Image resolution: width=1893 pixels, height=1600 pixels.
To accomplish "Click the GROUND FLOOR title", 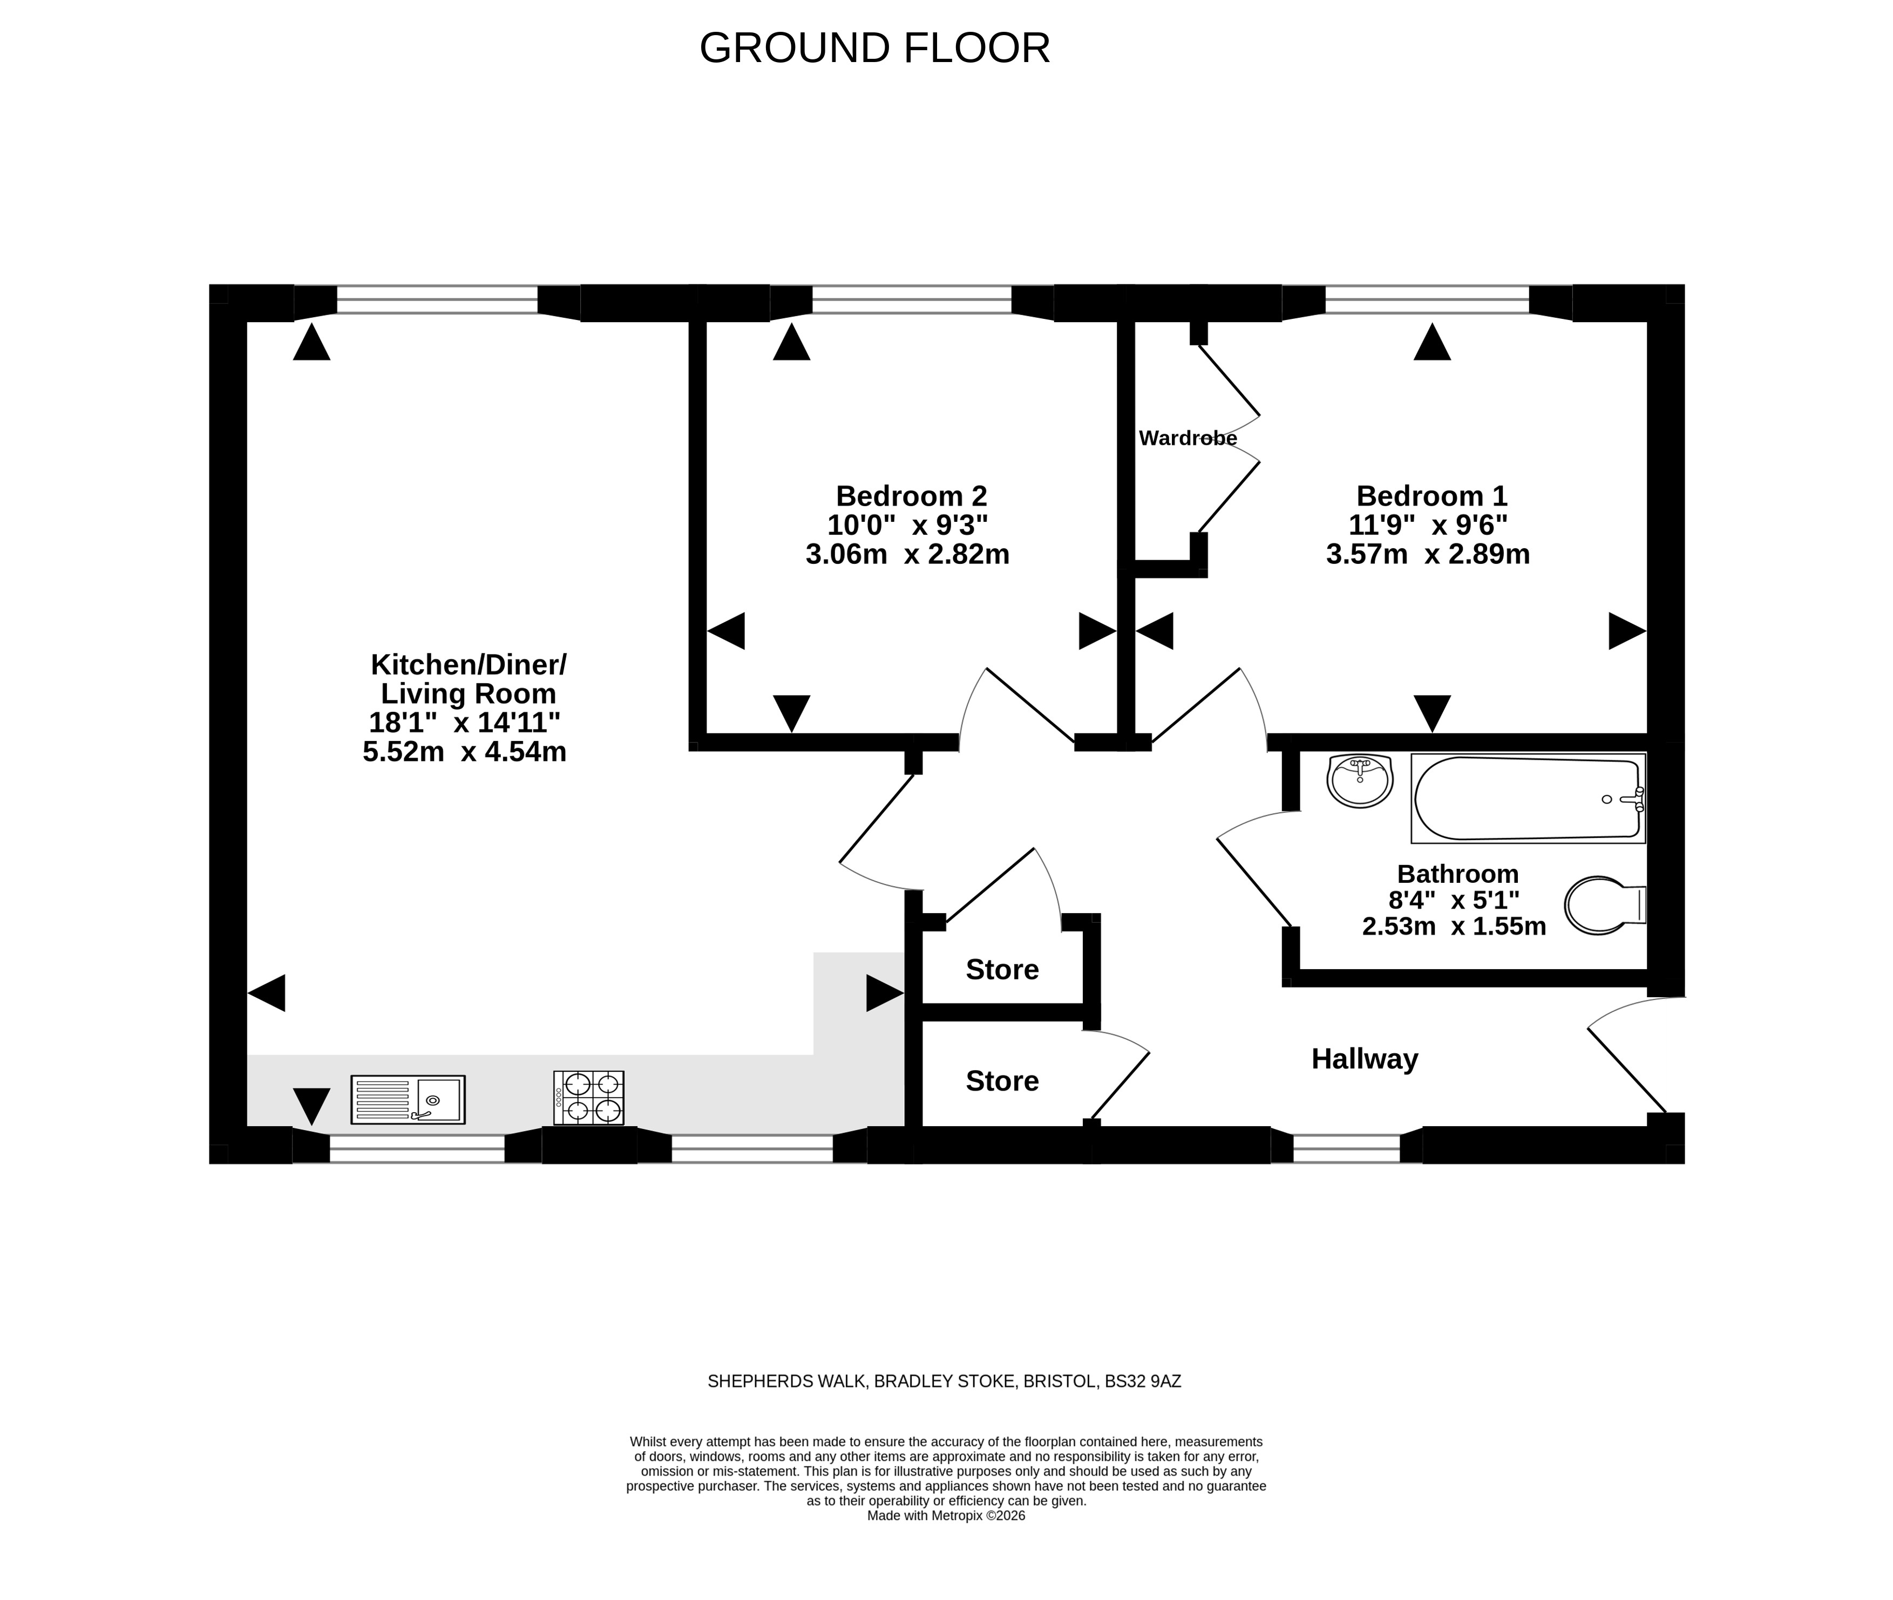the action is pos(874,48).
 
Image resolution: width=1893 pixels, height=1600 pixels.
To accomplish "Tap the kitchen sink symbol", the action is pos(408,1099).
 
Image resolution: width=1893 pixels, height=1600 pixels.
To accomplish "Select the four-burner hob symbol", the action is pos(589,1098).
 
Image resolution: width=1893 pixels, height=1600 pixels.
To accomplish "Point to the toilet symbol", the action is pos(1605,904).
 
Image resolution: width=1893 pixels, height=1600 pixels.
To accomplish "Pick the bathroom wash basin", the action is pos(1360,780).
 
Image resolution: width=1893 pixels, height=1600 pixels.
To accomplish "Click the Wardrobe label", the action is pos(1188,438).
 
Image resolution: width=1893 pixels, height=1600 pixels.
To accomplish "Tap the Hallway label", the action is pos(1364,1059).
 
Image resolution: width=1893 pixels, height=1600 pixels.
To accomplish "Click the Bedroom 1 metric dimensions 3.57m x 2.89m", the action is pos(1428,553).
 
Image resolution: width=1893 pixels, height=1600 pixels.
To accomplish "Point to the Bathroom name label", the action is pos(1457,874).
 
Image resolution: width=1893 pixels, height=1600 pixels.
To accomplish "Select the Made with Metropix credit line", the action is pos(946,1516).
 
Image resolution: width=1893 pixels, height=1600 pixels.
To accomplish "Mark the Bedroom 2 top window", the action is pos(912,300).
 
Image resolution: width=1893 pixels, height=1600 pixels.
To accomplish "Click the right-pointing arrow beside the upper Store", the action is pos(884,993).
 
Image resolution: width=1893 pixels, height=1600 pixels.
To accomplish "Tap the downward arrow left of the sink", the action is pos(311,1107).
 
